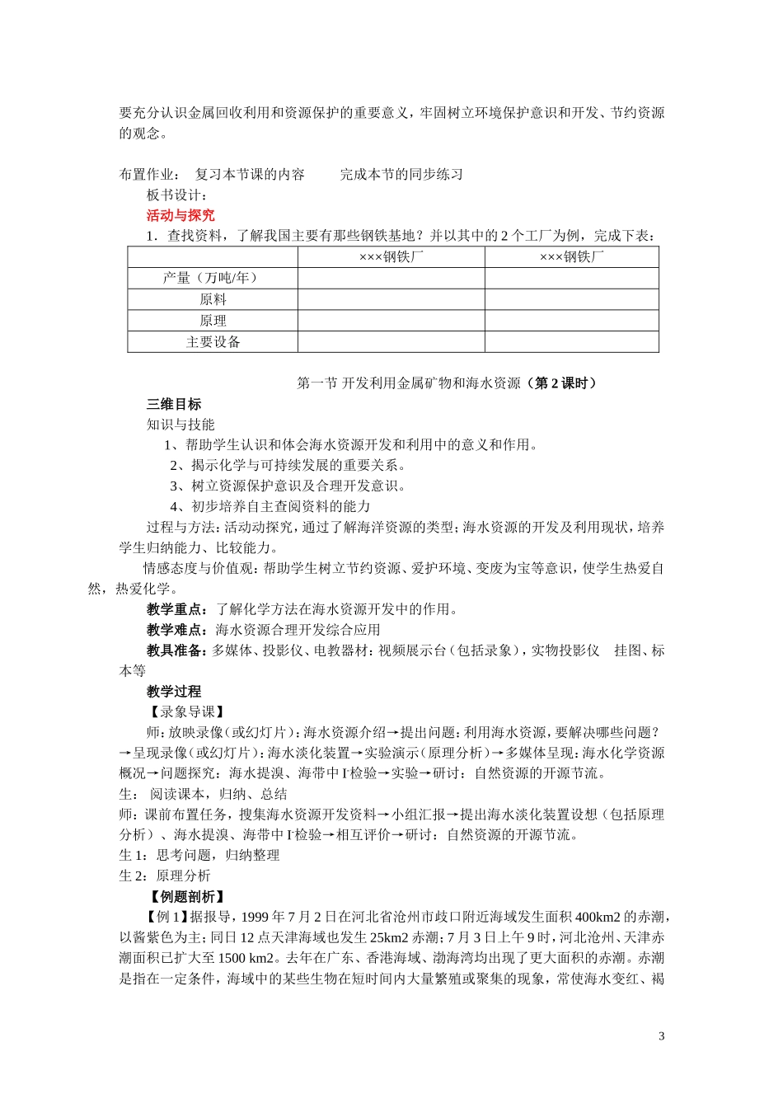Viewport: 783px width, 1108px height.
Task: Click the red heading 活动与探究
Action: tap(181, 215)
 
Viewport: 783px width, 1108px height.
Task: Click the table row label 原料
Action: tap(213, 299)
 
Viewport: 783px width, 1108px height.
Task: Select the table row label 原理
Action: tap(213, 321)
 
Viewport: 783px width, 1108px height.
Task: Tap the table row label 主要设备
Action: tap(213, 342)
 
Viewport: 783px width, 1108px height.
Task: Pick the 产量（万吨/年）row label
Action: tap(212, 278)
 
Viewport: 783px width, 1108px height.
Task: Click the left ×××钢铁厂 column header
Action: tap(391, 256)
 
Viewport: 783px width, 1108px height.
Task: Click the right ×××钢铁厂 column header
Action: tap(571, 256)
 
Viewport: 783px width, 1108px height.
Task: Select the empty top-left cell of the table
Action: tap(213, 256)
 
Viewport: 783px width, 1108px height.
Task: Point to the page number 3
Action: tap(661, 1036)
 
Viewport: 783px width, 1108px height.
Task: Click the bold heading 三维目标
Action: tap(174, 404)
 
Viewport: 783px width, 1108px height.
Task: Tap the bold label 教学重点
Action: tap(176, 609)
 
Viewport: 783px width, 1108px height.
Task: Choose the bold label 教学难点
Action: tap(176, 630)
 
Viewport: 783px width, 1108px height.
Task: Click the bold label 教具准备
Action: tap(176, 650)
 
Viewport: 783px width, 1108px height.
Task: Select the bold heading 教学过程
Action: tap(174, 691)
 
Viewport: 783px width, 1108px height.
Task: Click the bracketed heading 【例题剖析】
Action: tap(187, 896)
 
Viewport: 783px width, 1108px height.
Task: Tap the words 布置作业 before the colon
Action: tap(147, 174)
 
